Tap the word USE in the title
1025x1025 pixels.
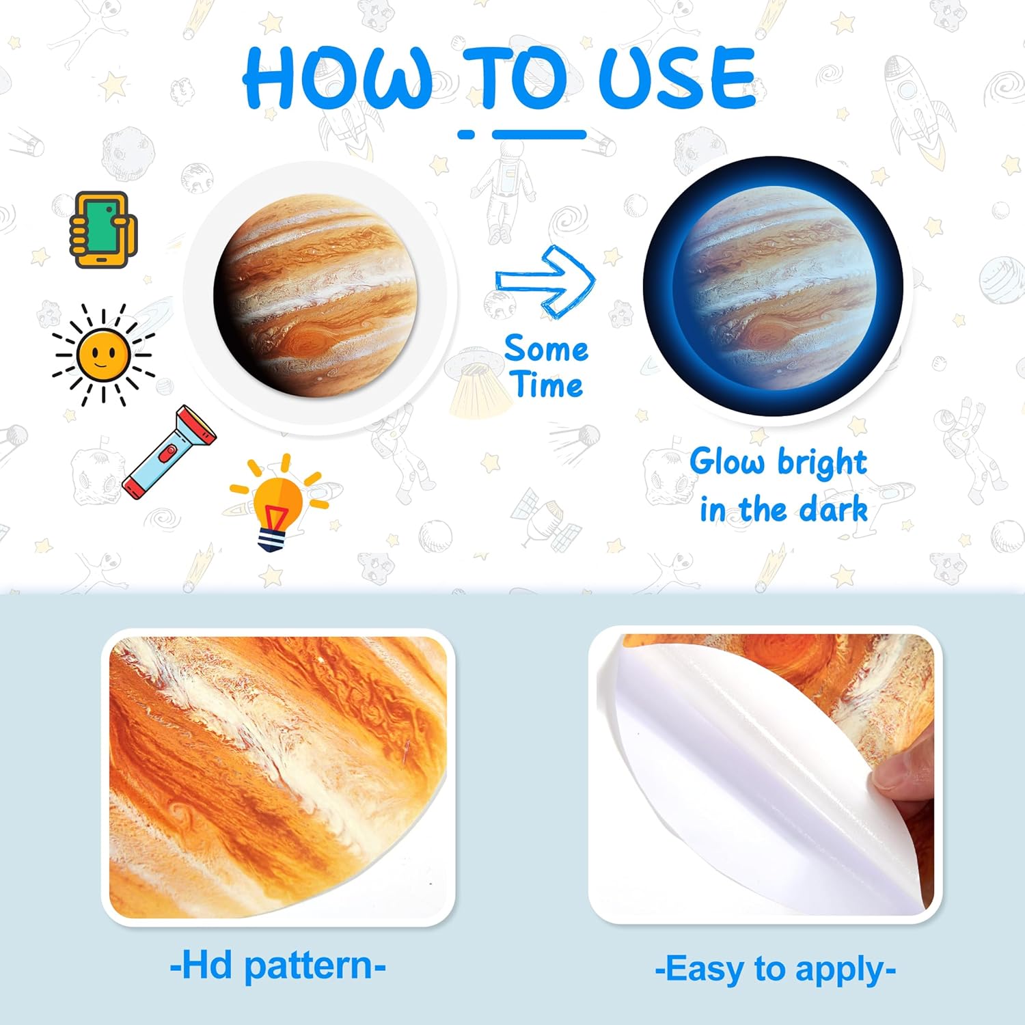pos(676,79)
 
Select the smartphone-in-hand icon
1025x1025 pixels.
pos(102,230)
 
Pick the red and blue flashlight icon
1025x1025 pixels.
pos(169,452)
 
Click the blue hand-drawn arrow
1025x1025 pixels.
pos(547,281)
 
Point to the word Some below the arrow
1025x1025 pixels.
pos(546,349)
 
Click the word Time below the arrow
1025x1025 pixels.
pos(548,385)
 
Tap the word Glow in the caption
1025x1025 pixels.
pos(726,462)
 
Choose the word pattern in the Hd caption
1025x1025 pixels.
pos(309,966)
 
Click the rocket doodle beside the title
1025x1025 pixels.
pos(916,109)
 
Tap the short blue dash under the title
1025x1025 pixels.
pos(466,135)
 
